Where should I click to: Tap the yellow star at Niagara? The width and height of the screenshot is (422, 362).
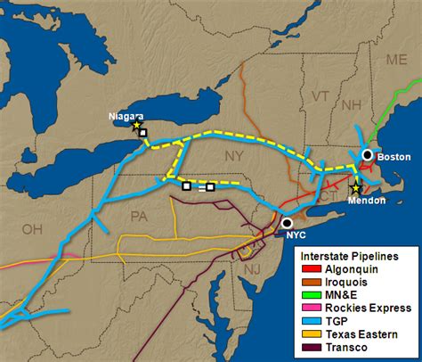[x=136, y=126]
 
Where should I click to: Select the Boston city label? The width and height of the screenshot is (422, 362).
[x=394, y=157]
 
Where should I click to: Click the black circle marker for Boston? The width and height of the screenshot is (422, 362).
[x=367, y=155]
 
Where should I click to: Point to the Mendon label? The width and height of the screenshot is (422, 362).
[x=367, y=201]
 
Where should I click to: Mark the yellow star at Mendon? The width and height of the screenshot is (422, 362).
[x=355, y=188]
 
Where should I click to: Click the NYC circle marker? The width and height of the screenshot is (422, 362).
[x=287, y=223]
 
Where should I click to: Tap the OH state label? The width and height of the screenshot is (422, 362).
[x=33, y=229]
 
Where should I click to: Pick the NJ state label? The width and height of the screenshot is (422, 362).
[x=252, y=268]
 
